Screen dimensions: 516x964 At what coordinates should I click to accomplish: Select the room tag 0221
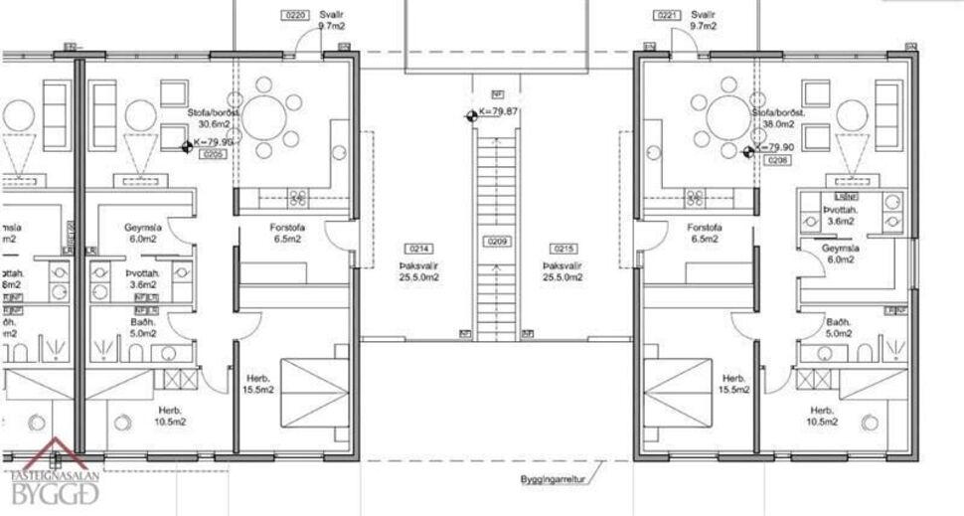(x=667, y=16)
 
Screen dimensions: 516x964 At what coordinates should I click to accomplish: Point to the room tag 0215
(x=563, y=248)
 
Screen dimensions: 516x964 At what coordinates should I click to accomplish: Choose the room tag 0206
(x=777, y=159)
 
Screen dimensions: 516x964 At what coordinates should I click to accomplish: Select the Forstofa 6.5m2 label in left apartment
(x=288, y=233)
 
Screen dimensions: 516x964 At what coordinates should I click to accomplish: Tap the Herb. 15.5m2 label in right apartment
(x=733, y=385)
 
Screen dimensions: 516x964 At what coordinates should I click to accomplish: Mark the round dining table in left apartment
(x=271, y=116)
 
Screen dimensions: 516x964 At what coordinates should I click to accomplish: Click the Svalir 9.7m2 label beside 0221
(x=704, y=21)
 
